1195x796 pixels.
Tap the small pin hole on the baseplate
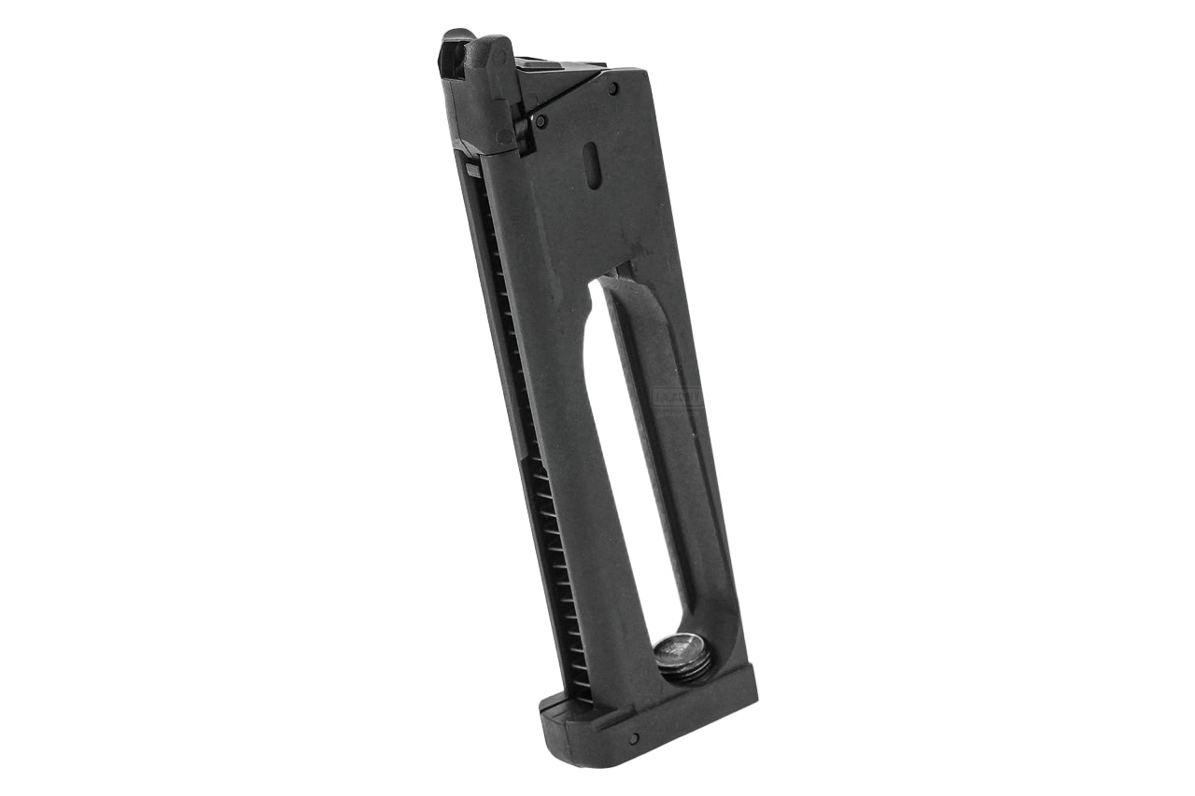click(x=635, y=738)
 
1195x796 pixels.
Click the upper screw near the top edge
click(x=612, y=89)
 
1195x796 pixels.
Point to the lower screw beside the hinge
click(x=541, y=120)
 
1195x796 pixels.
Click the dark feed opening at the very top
click(x=459, y=43)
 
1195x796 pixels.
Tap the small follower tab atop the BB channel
click(x=473, y=169)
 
